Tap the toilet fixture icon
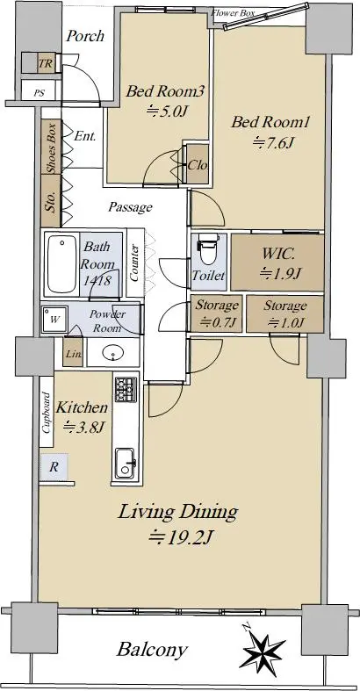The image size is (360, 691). coord(208,248)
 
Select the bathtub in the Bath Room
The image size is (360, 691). coord(61,264)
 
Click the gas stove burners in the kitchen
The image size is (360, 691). coord(126,389)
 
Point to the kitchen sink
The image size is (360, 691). coord(125,463)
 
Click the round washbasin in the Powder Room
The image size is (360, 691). coord(112,352)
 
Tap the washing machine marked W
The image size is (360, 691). coord(54,320)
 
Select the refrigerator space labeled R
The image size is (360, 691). coord(54,467)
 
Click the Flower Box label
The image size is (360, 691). coord(233,13)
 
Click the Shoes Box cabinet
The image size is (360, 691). coord(51,147)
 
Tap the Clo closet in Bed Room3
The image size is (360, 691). coord(197,164)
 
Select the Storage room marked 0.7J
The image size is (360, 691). coord(216,313)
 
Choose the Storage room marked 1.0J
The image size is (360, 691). coord(284,313)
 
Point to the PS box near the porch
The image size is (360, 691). coord(40,93)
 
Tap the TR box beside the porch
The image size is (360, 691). coord(45,64)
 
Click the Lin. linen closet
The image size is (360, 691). coord(72,352)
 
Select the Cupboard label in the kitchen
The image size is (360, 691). coord(46,413)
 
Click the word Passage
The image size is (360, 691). coord(131,206)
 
